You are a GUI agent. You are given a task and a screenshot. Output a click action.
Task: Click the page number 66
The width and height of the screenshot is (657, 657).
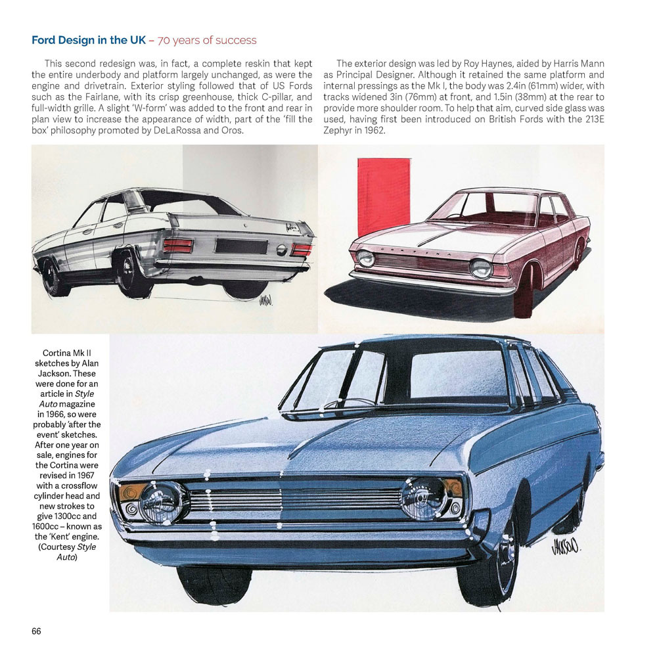pyautogui.click(x=36, y=631)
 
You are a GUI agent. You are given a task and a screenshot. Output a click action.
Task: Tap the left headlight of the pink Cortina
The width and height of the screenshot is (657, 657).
pyautogui.click(x=366, y=258)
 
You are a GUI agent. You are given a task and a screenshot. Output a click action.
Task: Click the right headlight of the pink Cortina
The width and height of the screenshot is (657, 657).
pyautogui.click(x=482, y=268)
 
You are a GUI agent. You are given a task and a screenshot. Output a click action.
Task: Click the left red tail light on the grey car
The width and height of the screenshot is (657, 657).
pyautogui.click(x=178, y=246)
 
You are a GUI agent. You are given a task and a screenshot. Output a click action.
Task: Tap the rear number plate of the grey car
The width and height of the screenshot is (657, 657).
pyautogui.click(x=241, y=246)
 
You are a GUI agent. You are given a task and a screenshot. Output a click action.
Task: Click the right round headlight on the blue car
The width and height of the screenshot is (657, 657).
pyautogui.click(x=424, y=497)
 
